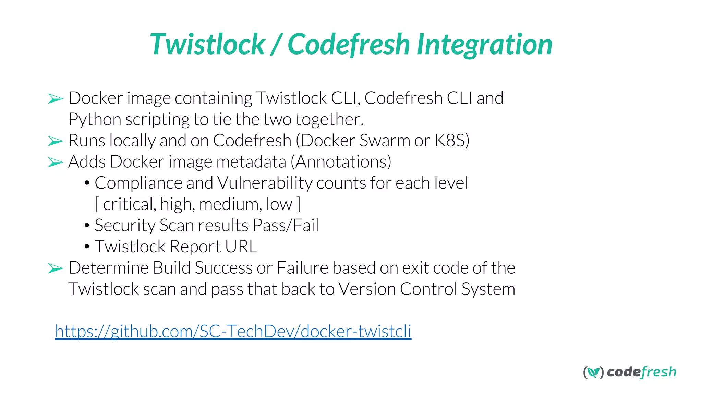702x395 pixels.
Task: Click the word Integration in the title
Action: click(x=484, y=45)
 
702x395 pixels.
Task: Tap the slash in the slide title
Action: click(x=276, y=45)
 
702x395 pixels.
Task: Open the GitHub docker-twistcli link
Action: click(x=233, y=331)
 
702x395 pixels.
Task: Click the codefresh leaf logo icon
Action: click(x=593, y=372)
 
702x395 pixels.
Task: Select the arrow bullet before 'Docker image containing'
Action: click(x=56, y=99)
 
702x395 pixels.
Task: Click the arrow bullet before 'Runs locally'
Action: click(x=56, y=141)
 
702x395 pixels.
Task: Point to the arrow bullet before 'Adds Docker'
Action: click(x=56, y=162)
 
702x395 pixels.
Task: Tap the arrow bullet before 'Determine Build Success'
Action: click(x=56, y=268)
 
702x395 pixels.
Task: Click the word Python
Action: click(x=95, y=120)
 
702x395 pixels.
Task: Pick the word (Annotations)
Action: click(x=341, y=162)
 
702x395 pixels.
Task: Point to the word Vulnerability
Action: click(x=265, y=183)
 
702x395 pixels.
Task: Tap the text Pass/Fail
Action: click(x=286, y=226)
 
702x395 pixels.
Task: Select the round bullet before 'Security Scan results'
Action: click(x=87, y=226)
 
